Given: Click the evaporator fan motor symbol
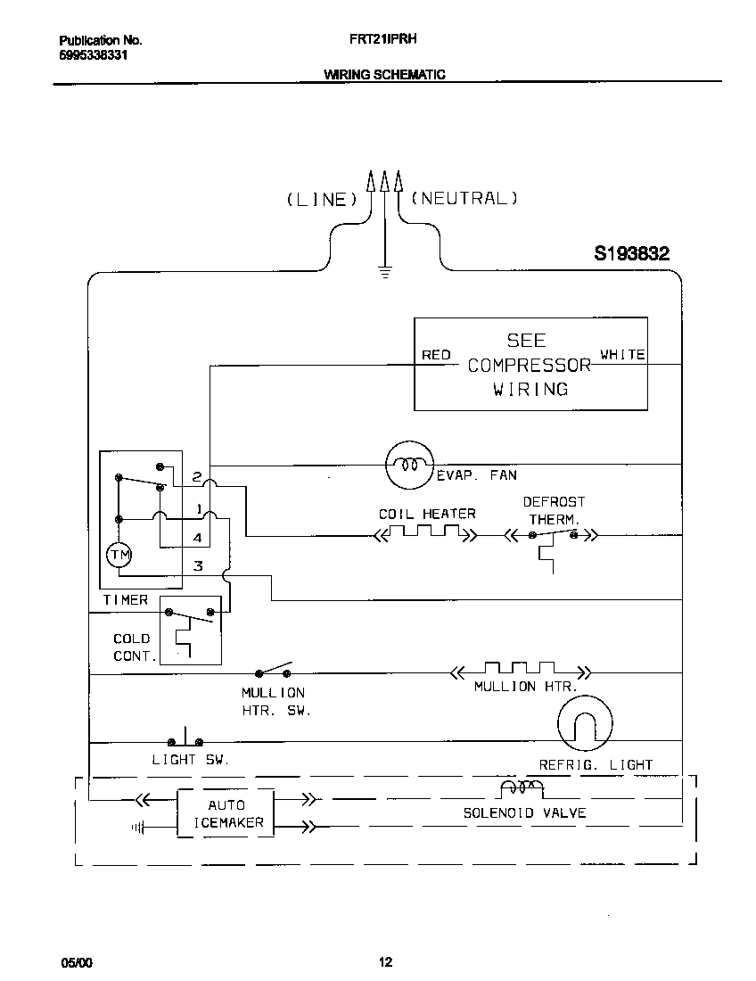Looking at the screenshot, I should (x=408, y=465).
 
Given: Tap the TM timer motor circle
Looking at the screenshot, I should (x=119, y=555).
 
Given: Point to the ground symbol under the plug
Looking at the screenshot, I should (x=385, y=271).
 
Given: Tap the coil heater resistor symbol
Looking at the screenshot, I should (x=425, y=534).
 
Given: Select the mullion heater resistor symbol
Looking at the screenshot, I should (x=520, y=670).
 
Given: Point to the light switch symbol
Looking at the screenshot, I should (x=185, y=738).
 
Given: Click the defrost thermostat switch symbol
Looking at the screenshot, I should (x=553, y=535).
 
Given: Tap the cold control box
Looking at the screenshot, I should (x=191, y=630).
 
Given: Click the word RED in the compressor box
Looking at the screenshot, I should (x=436, y=355).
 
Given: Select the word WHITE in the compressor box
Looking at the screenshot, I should (x=622, y=354).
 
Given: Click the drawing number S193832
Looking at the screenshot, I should (x=631, y=254).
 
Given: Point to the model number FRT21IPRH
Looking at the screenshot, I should (x=378, y=40).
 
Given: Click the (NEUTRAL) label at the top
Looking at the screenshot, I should (x=464, y=198).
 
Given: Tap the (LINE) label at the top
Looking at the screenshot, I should (x=322, y=200).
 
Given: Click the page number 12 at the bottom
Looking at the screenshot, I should (x=385, y=961).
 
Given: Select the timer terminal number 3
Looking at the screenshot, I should (x=198, y=565).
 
